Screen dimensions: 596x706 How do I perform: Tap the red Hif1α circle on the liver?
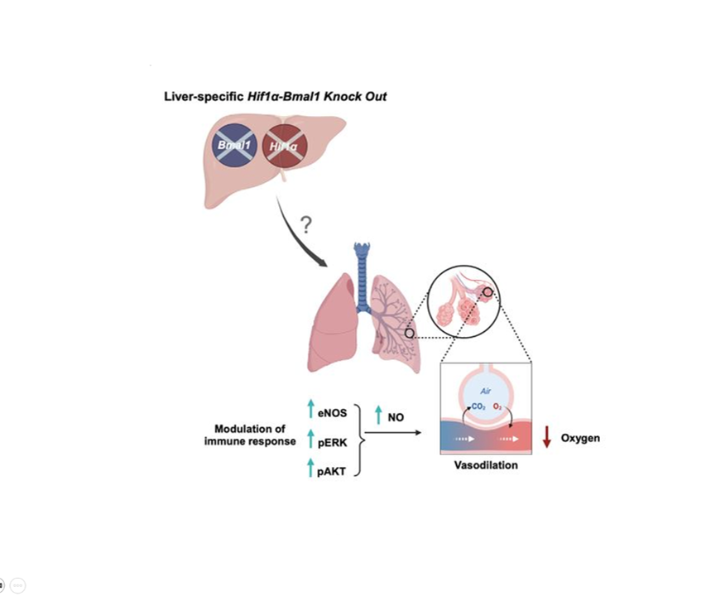pyautogui.click(x=284, y=147)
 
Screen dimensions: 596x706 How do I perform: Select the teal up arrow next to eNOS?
pyautogui.click(x=311, y=408)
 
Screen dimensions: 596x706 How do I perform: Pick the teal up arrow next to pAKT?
pyautogui.click(x=311, y=468)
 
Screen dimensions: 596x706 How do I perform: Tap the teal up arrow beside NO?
pyautogui.click(x=378, y=414)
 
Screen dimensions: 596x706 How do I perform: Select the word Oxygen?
pyautogui.click(x=580, y=438)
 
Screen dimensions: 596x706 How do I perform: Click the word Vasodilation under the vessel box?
pyautogui.click(x=486, y=465)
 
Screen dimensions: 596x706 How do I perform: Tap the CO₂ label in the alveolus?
pyautogui.click(x=478, y=407)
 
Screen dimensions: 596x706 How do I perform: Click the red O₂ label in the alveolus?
pyautogui.click(x=497, y=407)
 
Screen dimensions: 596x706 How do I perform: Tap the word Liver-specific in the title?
pyautogui.click(x=200, y=97)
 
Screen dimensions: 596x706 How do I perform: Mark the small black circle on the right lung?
pyautogui.click(x=409, y=333)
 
